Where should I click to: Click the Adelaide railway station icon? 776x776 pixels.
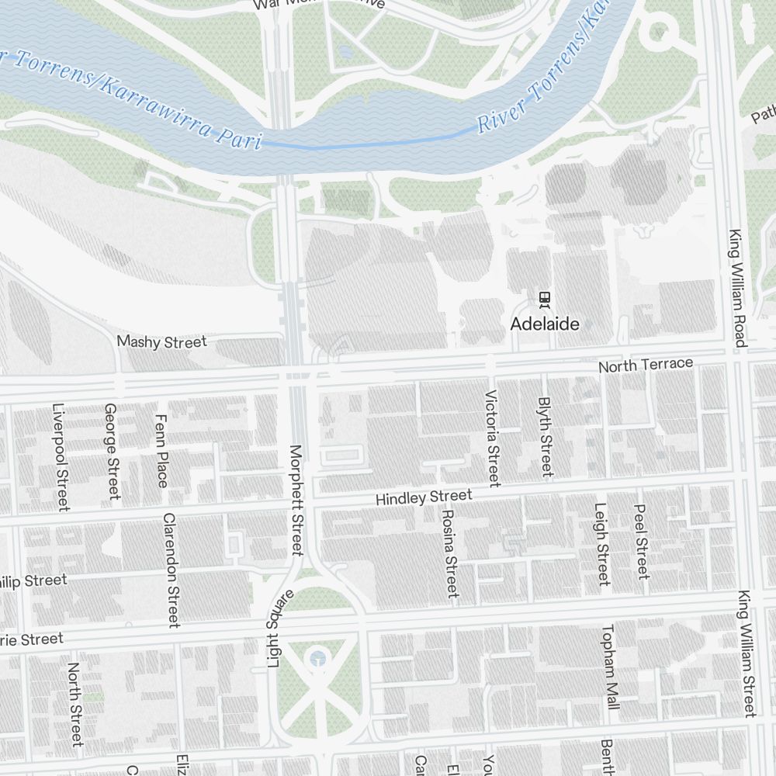pyautogui.click(x=545, y=297)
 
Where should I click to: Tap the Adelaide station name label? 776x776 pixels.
pyautogui.click(x=545, y=324)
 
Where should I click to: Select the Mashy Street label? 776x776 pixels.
pyautogui.click(x=161, y=341)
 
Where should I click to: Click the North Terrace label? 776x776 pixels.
pyautogui.click(x=646, y=365)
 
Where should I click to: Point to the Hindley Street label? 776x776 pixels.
pyautogui.click(x=424, y=497)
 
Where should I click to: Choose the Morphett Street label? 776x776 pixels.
pyautogui.click(x=296, y=500)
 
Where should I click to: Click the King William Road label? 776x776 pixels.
pyautogui.click(x=736, y=288)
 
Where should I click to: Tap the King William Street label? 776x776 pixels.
pyautogui.click(x=746, y=653)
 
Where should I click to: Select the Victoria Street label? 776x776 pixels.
pyautogui.click(x=492, y=438)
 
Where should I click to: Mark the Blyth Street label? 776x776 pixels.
pyautogui.click(x=546, y=437)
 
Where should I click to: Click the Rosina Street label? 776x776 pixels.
pyautogui.click(x=449, y=553)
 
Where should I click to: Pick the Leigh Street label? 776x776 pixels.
pyautogui.click(x=601, y=544)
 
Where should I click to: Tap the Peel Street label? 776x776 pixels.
pyautogui.click(x=641, y=542)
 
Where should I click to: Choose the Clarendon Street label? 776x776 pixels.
pyautogui.click(x=171, y=570)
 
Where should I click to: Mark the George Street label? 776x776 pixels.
pyautogui.click(x=112, y=451)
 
